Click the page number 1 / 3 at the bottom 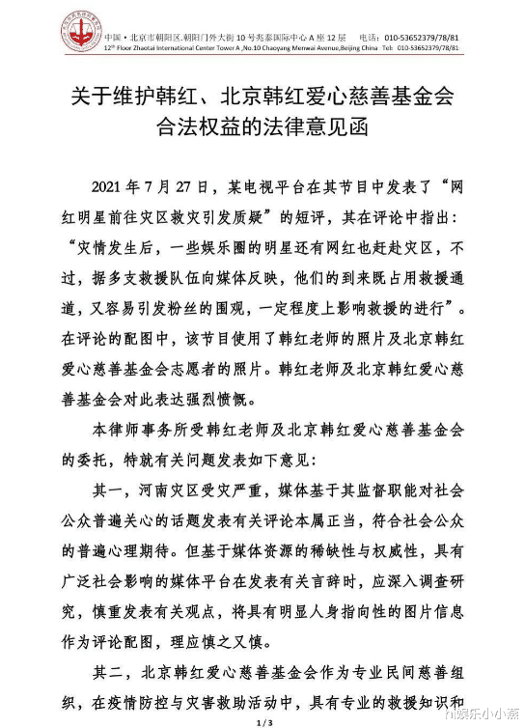262,720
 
